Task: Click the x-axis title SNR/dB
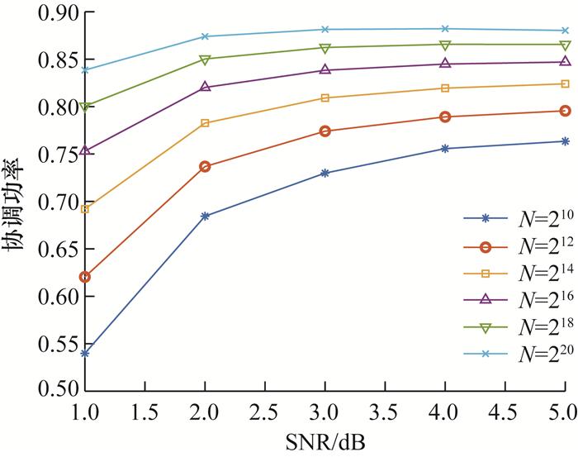click(325, 441)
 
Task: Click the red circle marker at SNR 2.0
click(205, 166)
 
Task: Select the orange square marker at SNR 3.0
click(325, 98)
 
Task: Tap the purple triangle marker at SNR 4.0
click(445, 64)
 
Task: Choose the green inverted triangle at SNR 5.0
click(566, 45)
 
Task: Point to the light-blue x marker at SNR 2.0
click(205, 36)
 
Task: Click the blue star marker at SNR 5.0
click(566, 141)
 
